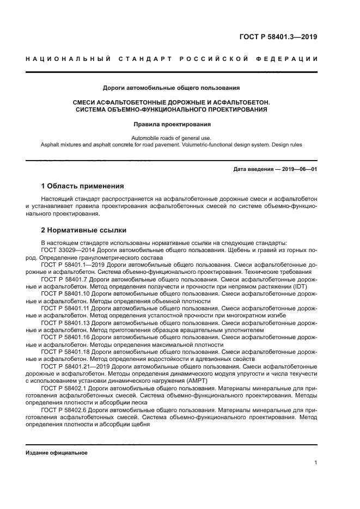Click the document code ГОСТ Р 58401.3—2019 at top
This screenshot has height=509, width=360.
(278, 38)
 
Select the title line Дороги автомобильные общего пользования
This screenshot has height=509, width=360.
(172, 87)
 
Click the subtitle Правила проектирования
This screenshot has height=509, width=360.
(172, 124)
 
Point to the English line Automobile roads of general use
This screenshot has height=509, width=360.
(172, 138)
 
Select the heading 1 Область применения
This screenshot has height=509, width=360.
(82, 186)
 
